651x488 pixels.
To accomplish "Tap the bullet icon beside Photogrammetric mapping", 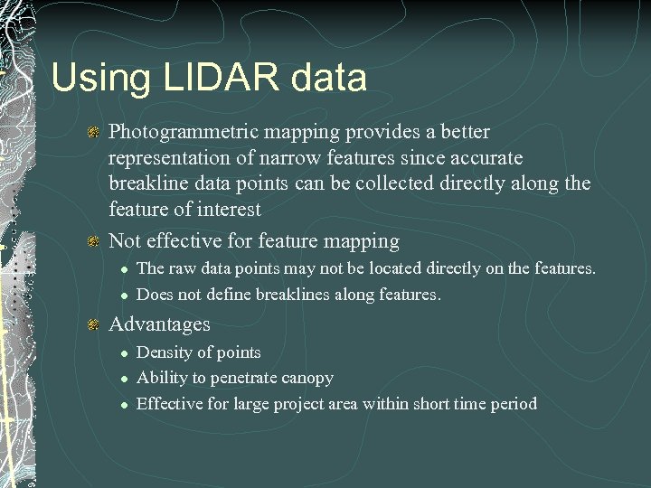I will click(x=92, y=133).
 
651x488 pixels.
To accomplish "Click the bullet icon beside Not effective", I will click(x=92, y=241).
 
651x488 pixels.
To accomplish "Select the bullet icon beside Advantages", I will click(x=92, y=324).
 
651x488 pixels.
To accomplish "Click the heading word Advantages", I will click(x=159, y=324).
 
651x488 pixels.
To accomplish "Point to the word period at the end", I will click(x=513, y=404).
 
